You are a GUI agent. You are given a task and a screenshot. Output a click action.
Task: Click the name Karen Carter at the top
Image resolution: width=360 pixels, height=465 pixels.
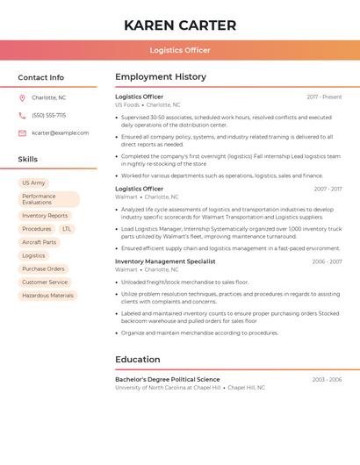[180, 25]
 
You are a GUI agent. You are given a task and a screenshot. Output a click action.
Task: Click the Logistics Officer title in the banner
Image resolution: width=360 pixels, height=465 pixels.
[180, 50]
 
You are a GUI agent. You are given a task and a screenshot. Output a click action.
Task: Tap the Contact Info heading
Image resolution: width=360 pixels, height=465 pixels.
[41, 77]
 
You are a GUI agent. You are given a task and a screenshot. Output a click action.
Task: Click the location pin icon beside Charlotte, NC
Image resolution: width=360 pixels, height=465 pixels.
[22, 97]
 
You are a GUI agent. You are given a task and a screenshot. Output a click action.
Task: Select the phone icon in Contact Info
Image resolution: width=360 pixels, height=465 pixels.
[22, 115]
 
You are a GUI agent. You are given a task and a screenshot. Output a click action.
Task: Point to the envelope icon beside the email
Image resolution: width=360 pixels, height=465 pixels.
[22, 133]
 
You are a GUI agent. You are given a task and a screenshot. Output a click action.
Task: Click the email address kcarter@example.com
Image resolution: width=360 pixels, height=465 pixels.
[60, 133]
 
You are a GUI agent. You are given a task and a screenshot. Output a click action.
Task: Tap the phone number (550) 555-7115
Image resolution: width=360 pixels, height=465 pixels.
[49, 115]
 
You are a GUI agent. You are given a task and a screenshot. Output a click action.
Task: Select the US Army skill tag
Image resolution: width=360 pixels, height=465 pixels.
[33, 183]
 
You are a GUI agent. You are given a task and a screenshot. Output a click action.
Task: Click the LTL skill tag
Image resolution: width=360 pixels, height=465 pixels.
[67, 229]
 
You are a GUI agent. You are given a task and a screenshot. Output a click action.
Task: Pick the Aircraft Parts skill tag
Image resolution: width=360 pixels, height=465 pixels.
[39, 242]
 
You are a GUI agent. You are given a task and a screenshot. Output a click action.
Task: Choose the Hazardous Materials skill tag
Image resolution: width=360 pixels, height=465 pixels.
[47, 296]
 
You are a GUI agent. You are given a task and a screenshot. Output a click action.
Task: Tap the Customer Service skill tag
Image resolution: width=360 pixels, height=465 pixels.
[45, 283]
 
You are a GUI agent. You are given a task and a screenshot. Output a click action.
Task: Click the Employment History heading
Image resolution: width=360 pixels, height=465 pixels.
[161, 77]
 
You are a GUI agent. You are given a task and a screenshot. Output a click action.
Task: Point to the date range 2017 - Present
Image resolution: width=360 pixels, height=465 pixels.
[324, 97]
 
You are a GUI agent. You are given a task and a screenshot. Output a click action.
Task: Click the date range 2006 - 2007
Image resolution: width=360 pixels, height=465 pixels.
[327, 261]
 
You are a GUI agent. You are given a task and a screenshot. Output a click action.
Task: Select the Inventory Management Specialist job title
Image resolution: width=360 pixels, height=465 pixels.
[165, 261]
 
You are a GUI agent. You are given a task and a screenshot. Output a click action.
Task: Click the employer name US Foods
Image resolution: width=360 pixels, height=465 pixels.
[127, 104]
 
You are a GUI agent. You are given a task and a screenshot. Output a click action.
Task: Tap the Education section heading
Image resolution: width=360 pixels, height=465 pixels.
[138, 359]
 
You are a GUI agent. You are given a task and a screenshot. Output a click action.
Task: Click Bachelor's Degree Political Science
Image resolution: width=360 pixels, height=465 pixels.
[168, 379]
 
